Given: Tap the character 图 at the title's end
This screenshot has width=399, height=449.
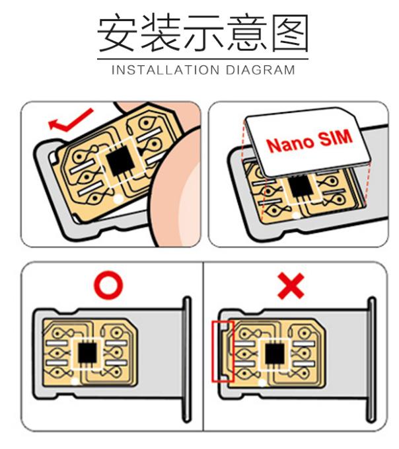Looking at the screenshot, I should pyautogui.click(x=287, y=34).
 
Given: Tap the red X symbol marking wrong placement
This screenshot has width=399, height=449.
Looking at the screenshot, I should pyautogui.click(x=291, y=285).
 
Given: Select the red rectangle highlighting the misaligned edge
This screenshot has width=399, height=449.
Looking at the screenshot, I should pyautogui.click(x=221, y=351).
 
